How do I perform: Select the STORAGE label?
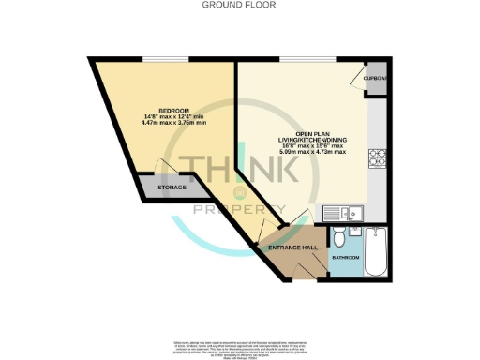point(172,188)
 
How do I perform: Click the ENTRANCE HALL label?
point(292,247)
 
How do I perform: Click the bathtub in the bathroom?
point(377,251)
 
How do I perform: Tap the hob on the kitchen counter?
point(380,160)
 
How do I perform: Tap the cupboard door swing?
point(356,78)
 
